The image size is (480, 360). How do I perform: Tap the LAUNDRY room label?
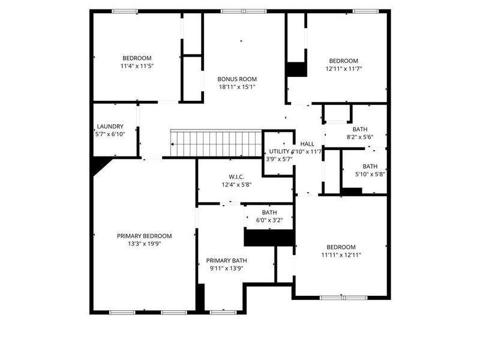click(x=110, y=127)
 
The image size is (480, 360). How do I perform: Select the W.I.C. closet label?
click(x=235, y=176)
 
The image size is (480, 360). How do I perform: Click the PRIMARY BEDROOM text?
click(x=144, y=236)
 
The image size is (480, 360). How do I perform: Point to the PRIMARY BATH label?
click(x=226, y=260)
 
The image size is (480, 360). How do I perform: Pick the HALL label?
click(x=307, y=144)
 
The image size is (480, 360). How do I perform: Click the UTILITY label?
click(x=279, y=151)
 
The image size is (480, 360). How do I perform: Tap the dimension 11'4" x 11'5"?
click(x=137, y=66)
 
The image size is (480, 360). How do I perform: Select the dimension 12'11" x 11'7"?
click(x=343, y=68)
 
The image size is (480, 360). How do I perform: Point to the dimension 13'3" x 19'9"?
click(x=144, y=244)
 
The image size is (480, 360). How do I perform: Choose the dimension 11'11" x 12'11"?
click(x=341, y=255)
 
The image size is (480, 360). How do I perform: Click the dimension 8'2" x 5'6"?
click(x=360, y=137)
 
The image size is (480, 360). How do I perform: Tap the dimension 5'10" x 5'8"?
click(x=370, y=175)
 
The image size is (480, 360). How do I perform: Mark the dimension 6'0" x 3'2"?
click(x=269, y=220)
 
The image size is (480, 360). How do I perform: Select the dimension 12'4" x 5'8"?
click(x=235, y=184)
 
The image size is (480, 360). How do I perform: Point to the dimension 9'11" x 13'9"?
click(x=226, y=268)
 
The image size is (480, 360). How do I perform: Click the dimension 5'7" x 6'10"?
click(x=110, y=134)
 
